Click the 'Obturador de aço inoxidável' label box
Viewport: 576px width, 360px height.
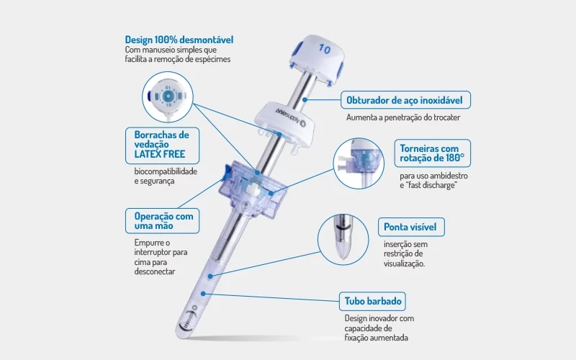click(405, 100)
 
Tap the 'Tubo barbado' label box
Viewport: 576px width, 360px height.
click(372, 301)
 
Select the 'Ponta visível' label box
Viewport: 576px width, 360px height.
click(411, 227)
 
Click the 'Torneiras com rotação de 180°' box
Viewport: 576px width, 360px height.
click(433, 153)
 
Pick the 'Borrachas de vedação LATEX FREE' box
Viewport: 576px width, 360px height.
click(163, 145)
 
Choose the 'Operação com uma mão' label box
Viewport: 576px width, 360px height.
click(163, 221)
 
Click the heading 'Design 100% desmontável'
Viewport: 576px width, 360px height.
click(179, 40)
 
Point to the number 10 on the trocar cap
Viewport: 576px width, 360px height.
click(325, 49)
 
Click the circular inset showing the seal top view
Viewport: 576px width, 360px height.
click(168, 97)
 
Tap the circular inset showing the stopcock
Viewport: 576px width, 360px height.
click(359, 163)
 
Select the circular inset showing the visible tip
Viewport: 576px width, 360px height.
click(343, 240)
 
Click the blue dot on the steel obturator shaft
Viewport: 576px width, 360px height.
click(305, 99)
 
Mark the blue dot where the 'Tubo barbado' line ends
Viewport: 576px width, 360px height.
click(203, 294)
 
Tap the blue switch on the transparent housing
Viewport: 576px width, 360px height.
click(226, 172)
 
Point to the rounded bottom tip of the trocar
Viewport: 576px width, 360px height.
click(180, 335)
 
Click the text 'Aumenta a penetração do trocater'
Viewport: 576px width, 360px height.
click(403, 117)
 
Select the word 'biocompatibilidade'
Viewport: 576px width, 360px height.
click(166, 171)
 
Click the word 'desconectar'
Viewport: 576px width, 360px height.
click(155, 272)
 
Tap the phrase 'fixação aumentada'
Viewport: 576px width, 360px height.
click(376, 338)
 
